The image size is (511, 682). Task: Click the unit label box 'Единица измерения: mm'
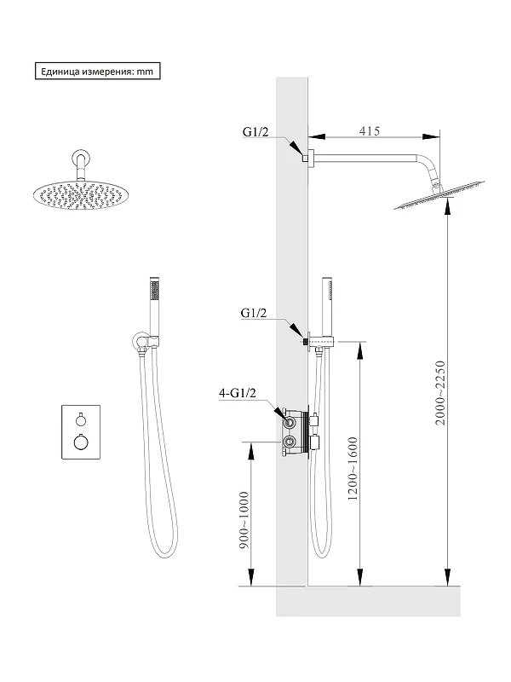coord(97,72)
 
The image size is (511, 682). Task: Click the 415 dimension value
coord(370,130)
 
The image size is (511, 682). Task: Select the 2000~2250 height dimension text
coord(440,393)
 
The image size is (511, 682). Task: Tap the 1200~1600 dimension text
coord(353,468)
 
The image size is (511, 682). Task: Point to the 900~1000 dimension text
coord(244,520)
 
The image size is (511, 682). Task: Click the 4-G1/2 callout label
coord(238,393)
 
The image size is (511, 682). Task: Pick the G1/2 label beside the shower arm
coord(255,132)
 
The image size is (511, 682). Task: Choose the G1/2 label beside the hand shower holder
coord(254,313)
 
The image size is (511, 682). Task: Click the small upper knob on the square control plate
coord(81,419)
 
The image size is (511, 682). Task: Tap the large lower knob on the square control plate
coord(81,442)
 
